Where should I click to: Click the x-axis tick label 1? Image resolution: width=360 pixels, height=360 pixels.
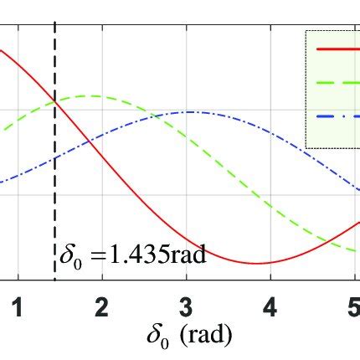click(x=17, y=307)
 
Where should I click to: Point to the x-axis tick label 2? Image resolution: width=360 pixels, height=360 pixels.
click(x=101, y=307)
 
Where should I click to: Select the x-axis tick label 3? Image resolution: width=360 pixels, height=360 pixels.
click(x=186, y=307)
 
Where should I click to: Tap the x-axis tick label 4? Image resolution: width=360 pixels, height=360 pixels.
click(x=270, y=307)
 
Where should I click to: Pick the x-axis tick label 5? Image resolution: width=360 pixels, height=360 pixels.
click(x=352, y=307)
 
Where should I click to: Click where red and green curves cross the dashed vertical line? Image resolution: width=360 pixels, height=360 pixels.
click(x=54, y=101)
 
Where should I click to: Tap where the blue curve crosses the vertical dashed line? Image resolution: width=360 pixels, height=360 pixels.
click(x=54, y=158)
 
